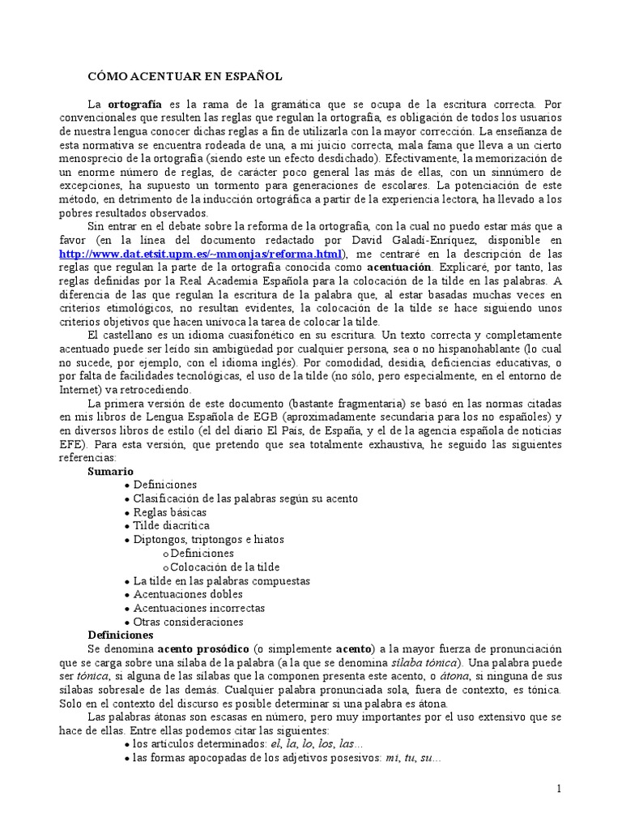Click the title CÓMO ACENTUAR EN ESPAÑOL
185,76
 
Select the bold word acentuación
398,266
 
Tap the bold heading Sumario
111,471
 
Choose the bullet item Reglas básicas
169,512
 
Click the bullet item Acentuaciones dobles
188,594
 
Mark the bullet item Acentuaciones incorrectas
198,608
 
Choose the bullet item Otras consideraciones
188,622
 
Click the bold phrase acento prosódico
203,649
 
